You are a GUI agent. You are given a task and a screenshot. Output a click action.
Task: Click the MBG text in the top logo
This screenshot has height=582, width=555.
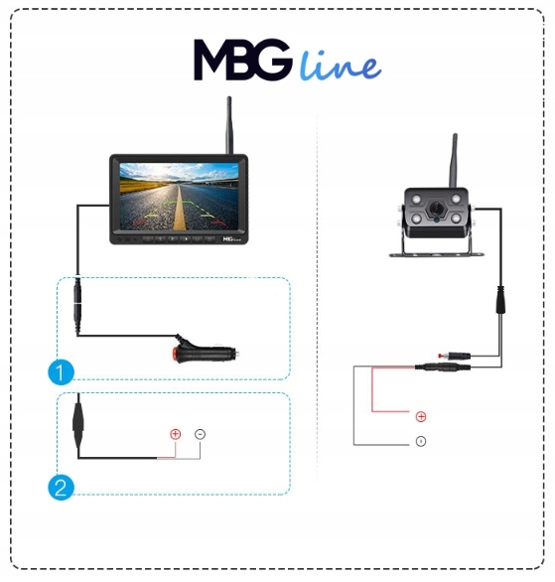click(x=242, y=60)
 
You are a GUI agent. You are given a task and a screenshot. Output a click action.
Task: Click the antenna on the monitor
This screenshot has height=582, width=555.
click(x=229, y=125)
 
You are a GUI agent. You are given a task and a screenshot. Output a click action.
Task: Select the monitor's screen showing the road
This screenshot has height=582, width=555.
click(x=179, y=197)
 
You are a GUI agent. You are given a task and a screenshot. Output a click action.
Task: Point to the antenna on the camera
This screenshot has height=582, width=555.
click(x=454, y=161)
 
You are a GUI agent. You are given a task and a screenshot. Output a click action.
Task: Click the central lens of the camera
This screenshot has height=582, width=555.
click(x=437, y=209)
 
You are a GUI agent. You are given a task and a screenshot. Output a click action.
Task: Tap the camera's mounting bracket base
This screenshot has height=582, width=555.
click(x=437, y=255)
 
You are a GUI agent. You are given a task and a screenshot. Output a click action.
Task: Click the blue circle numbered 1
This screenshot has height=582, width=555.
click(x=61, y=371)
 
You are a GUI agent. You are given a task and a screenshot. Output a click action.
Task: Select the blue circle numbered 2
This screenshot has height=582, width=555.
click(x=61, y=487)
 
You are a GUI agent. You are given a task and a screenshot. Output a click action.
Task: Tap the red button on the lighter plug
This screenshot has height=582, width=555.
click(x=176, y=352)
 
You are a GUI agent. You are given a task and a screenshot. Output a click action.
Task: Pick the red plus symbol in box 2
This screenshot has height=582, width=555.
click(x=175, y=434)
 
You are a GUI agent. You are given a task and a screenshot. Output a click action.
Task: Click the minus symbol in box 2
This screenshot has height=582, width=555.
click(x=200, y=434)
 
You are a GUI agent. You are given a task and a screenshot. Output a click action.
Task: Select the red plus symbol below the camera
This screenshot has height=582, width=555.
click(x=421, y=417)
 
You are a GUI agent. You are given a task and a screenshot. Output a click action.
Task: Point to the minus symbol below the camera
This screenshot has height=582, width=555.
click(x=421, y=441)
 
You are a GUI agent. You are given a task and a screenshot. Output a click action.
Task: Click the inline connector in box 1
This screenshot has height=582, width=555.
click(x=77, y=304)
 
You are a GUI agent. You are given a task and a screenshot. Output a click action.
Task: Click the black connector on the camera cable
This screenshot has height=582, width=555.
click(x=500, y=300)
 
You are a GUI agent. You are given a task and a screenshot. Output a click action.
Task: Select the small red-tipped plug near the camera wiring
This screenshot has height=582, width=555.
click(x=455, y=356)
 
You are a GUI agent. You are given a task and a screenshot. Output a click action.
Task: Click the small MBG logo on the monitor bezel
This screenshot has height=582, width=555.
click(x=232, y=239)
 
